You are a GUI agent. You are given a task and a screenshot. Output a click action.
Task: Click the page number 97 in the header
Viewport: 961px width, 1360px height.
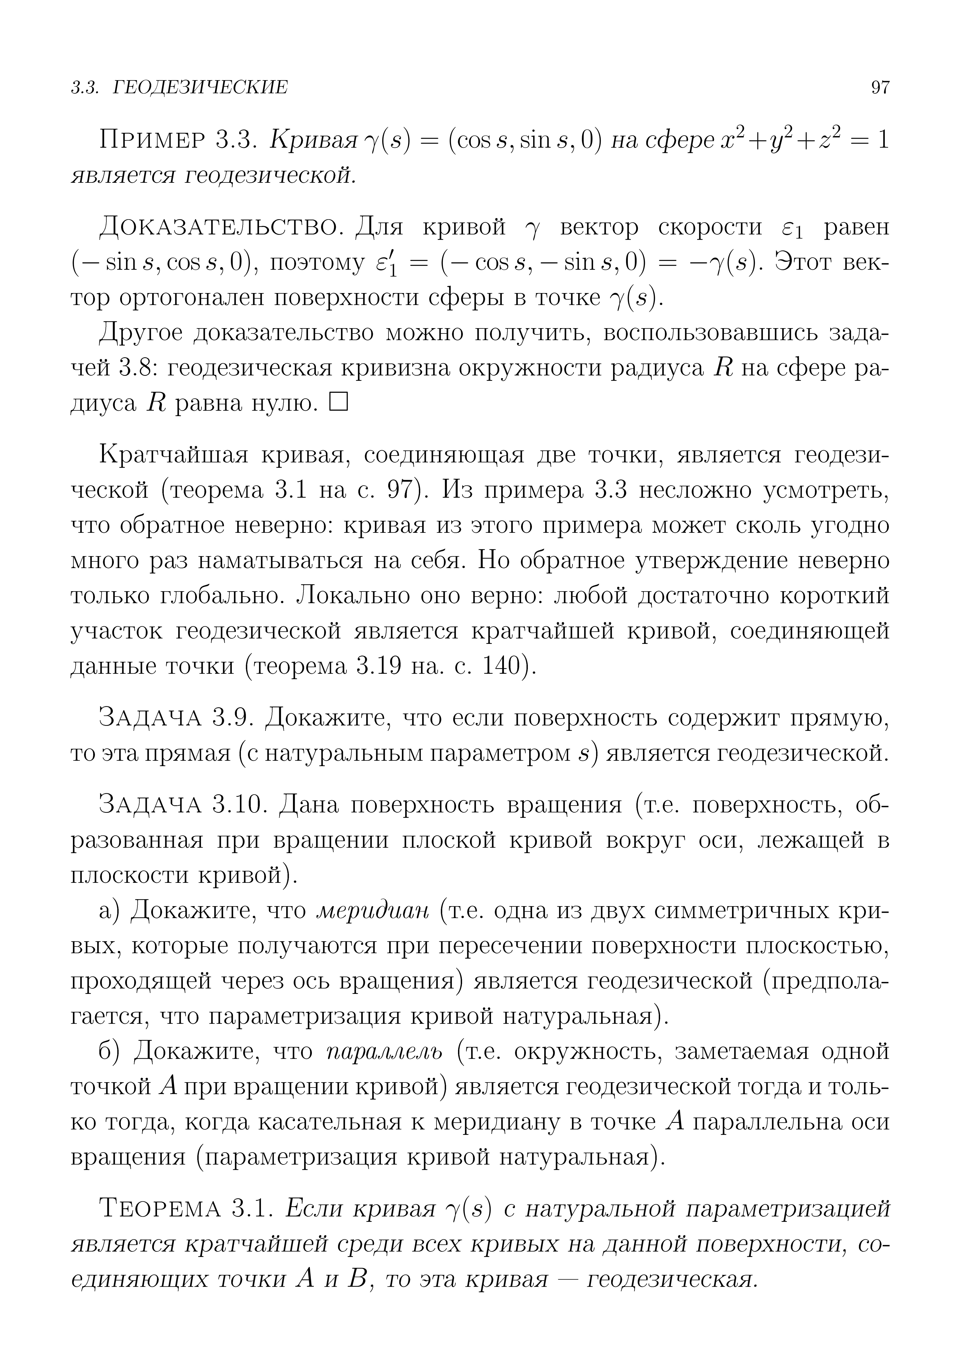880,88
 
